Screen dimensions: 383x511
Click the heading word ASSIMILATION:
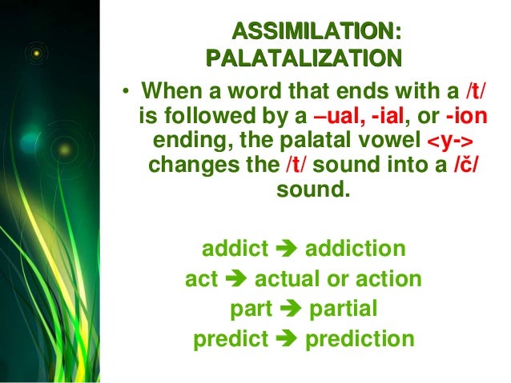(x=316, y=32)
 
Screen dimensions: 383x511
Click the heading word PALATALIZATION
(x=302, y=58)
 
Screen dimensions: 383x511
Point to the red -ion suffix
(x=465, y=118)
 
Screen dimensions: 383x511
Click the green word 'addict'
(x=235, y=250)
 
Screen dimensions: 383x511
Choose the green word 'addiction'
(x=351, y=250)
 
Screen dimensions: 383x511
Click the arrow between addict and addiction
(x=286, y=251)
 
